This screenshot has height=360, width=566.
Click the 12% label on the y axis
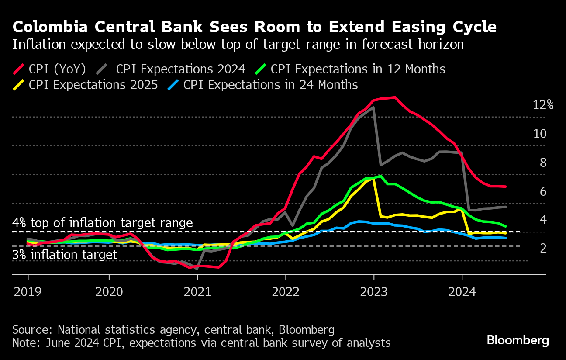tap(543, 105)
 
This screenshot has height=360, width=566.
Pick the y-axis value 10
tap(540, 134)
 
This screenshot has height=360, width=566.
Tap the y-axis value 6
tap(543, 191)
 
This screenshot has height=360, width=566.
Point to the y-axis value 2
tap(543, 248)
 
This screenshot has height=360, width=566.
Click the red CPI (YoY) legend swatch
tap(19, 69)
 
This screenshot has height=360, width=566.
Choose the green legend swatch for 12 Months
tap(261, 69)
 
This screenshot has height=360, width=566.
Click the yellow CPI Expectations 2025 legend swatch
tap(19, 85)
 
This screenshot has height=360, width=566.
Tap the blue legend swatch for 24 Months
tap(173, 85)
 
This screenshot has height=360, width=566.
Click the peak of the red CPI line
tap(394, 97)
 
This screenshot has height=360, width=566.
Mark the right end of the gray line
tap(506, 207)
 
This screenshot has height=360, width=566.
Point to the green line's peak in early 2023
tap(381, 176)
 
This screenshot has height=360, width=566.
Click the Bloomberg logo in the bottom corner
tap(518, 340)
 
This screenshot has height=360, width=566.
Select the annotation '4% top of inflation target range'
tap(103, 223)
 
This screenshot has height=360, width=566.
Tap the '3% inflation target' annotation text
tap(65, 255)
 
